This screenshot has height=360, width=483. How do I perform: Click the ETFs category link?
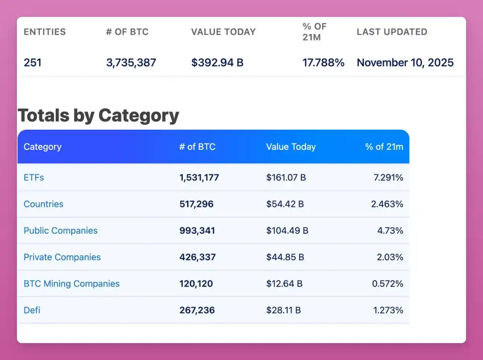pyautogui.click(x=34, y=178)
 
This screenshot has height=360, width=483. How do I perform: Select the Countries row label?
pyautogui.click(x=43, y=204)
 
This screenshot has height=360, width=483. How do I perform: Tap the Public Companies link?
pyautogui.click(x=60, y=231)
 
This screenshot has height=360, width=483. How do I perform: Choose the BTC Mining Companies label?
pyautogui.click(x=72, y=284)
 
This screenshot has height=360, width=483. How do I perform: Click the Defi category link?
pyautogui.click(x=32, y=310)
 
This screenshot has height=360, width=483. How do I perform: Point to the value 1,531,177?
pyautogui.click(x=199, y=178)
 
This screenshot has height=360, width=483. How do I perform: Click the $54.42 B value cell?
pyautogui.click(x=285, y=204)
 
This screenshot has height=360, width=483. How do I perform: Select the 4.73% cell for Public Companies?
pyautogui.click(x=390, y=231)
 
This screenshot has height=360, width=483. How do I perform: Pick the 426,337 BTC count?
pyautogui.click(x=197, y=257)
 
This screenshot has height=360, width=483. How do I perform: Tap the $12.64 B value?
pyautogui.click(x=284, y=284)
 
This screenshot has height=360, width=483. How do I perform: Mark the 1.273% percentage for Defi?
pyautogui.click(x=387, y=310)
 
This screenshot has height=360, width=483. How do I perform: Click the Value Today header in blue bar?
pyautogui.click(x=291, y=147)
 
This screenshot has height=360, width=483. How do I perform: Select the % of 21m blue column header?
pyautogui.click(x=384, y=147)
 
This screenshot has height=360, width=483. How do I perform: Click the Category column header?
pyautogui.click(x=42, y=147)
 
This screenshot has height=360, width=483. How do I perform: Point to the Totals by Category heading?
pyautogui.click(x=98, y=116)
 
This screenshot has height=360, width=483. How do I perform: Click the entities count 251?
pyautogui.click(x=32, y=63)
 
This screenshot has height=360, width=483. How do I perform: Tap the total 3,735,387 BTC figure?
pyautogui.click(x=131, y=63)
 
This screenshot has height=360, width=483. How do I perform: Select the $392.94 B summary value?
pyautogui.click(x=217, y=63)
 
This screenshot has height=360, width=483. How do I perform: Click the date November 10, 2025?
pyautogui.click(x=405, y=63)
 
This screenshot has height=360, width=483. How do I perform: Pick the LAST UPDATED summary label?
pyautogui.click(x=392, y=32)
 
